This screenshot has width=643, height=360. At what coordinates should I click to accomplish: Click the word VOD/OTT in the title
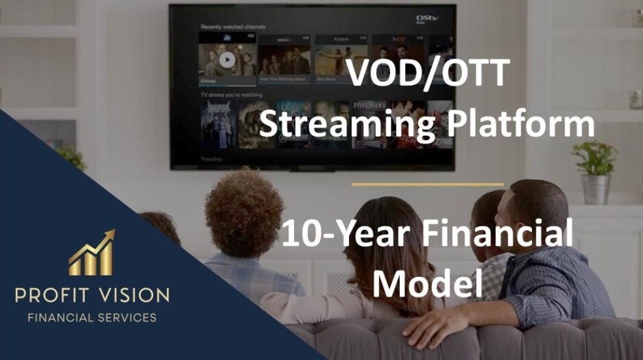[x=427, y=73]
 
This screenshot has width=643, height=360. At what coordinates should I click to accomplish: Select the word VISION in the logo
[x=135, y=295]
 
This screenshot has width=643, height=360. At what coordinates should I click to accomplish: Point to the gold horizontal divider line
[x=427, y=185]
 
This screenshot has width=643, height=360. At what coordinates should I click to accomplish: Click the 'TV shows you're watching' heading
[x=231, y=95]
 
